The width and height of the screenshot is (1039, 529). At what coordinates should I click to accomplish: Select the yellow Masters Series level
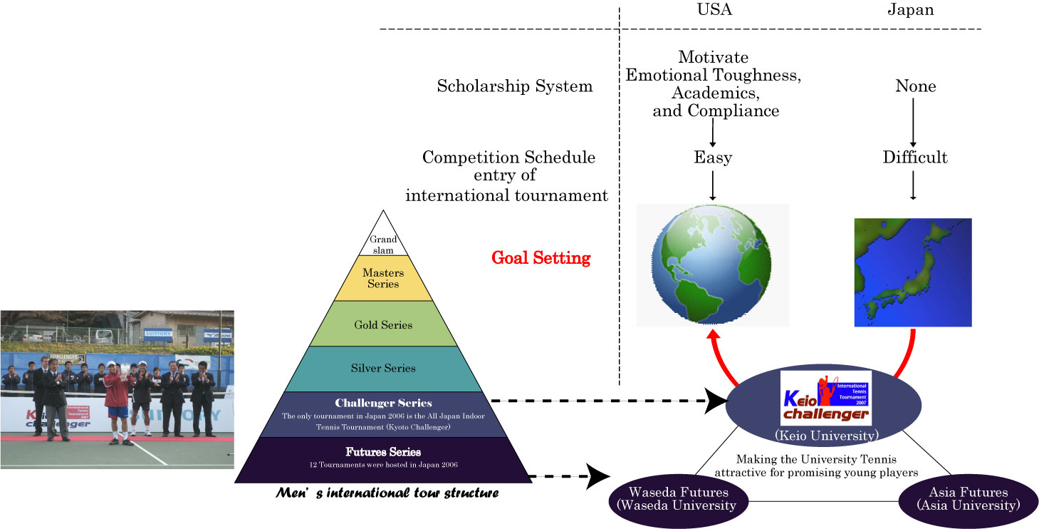coord(383,278)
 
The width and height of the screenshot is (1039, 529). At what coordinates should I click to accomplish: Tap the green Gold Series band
coord(383,324)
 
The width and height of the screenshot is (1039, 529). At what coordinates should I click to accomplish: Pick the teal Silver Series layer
coord(383,369)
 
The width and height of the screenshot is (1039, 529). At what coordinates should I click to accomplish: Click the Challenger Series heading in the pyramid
coord(383,403)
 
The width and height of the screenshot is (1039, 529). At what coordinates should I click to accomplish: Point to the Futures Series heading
coord(383,451)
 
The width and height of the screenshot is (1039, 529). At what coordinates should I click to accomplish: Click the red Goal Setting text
coord(541,257)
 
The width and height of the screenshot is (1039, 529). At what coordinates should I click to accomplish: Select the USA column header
coord(714,10)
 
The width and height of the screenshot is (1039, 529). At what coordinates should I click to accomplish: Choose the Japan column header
coord(910,10)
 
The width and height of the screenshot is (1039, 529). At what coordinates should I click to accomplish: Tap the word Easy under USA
coord(713,158)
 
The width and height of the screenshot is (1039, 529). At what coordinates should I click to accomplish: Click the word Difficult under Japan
coord(915,158)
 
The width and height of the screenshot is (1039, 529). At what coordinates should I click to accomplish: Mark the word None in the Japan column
coord(915,87)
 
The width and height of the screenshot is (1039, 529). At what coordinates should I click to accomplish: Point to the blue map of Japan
coord(912,272)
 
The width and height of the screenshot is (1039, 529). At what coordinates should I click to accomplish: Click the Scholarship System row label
coord(515,87)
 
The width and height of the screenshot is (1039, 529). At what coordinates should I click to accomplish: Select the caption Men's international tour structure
coord(387,493)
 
